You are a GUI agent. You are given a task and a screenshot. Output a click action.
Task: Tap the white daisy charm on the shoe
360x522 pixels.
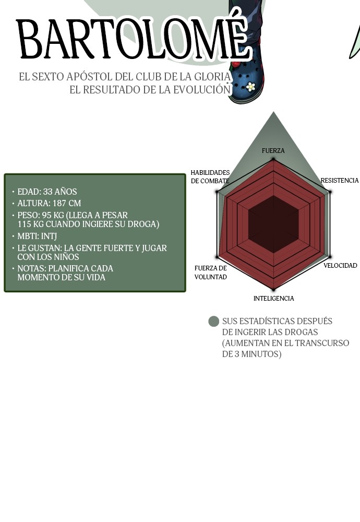coord(250,87)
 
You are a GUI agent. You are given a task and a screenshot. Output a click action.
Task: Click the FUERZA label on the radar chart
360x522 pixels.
coord(273,151)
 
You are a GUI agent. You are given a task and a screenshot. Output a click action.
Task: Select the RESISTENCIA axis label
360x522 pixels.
coord(339,181)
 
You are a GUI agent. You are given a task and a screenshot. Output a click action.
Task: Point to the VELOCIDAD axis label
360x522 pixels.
coord(340,265)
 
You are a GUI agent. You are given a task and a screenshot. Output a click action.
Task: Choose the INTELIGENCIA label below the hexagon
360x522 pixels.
coord(273,298)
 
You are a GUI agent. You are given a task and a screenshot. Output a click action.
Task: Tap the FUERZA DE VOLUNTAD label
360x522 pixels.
coord(211,272)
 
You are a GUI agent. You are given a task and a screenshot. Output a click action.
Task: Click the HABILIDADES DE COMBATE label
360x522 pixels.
coord(210,177)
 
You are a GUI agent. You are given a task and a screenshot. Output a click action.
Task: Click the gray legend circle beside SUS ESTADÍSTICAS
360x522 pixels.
coord(213,321)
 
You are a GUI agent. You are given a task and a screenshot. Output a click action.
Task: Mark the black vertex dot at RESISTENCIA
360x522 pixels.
coord(330,192)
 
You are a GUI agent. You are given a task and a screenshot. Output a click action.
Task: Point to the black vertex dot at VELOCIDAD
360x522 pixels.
coord(330,257)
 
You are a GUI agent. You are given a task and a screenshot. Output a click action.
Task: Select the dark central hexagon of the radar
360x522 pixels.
coord(273,224)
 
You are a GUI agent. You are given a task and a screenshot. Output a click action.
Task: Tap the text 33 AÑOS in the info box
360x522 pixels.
coord(60,192)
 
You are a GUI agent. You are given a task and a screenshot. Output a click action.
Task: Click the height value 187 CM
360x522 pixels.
coord(67,203)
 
